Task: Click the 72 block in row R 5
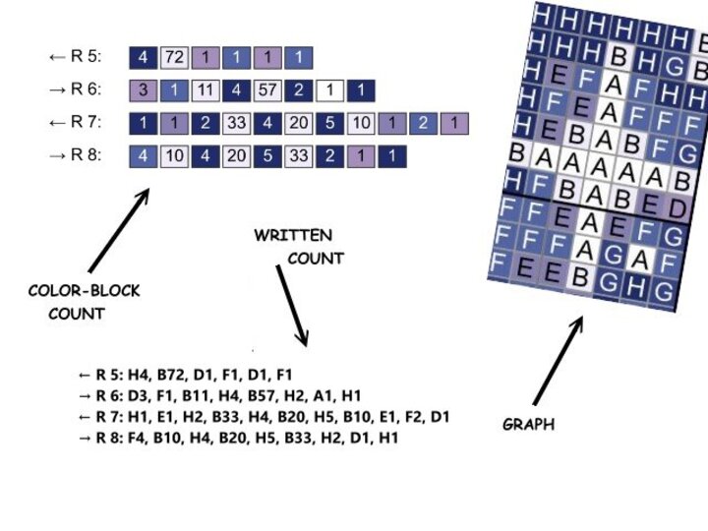(x=175, y=57)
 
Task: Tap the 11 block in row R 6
(x=206, y=91)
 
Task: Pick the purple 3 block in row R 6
(x=144, y=91)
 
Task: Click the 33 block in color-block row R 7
(x=235, y=124)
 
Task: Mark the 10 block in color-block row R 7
(x=361, y=124)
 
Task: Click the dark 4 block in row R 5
(x=144, y=57)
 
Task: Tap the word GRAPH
(x=529, y=425)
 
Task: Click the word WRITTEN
(x=293, y=236)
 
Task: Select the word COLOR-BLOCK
(x=85, y=291)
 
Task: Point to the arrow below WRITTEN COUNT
(x=292, y=305)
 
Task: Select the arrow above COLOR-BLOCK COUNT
(x=119, y=230)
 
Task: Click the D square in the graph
(x=677, y=209)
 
